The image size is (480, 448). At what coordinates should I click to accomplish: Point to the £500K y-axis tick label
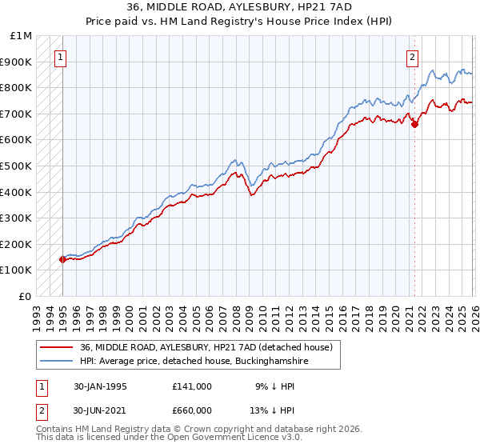click(x=17, y=166)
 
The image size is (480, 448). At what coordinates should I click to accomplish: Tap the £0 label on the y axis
click(x=25, y=296)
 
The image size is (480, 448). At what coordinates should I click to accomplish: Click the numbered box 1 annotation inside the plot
click(x=62, y=57)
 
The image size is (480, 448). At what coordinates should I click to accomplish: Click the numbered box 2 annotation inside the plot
click(x=412, y=57)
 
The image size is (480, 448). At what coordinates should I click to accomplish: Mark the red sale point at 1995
click(x=62, y=259)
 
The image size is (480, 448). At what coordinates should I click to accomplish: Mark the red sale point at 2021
click(x=414, y=124)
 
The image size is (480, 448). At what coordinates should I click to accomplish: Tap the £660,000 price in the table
click(x=193, y=411)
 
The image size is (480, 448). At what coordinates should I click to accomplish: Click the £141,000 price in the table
click(x=193, y=386)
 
